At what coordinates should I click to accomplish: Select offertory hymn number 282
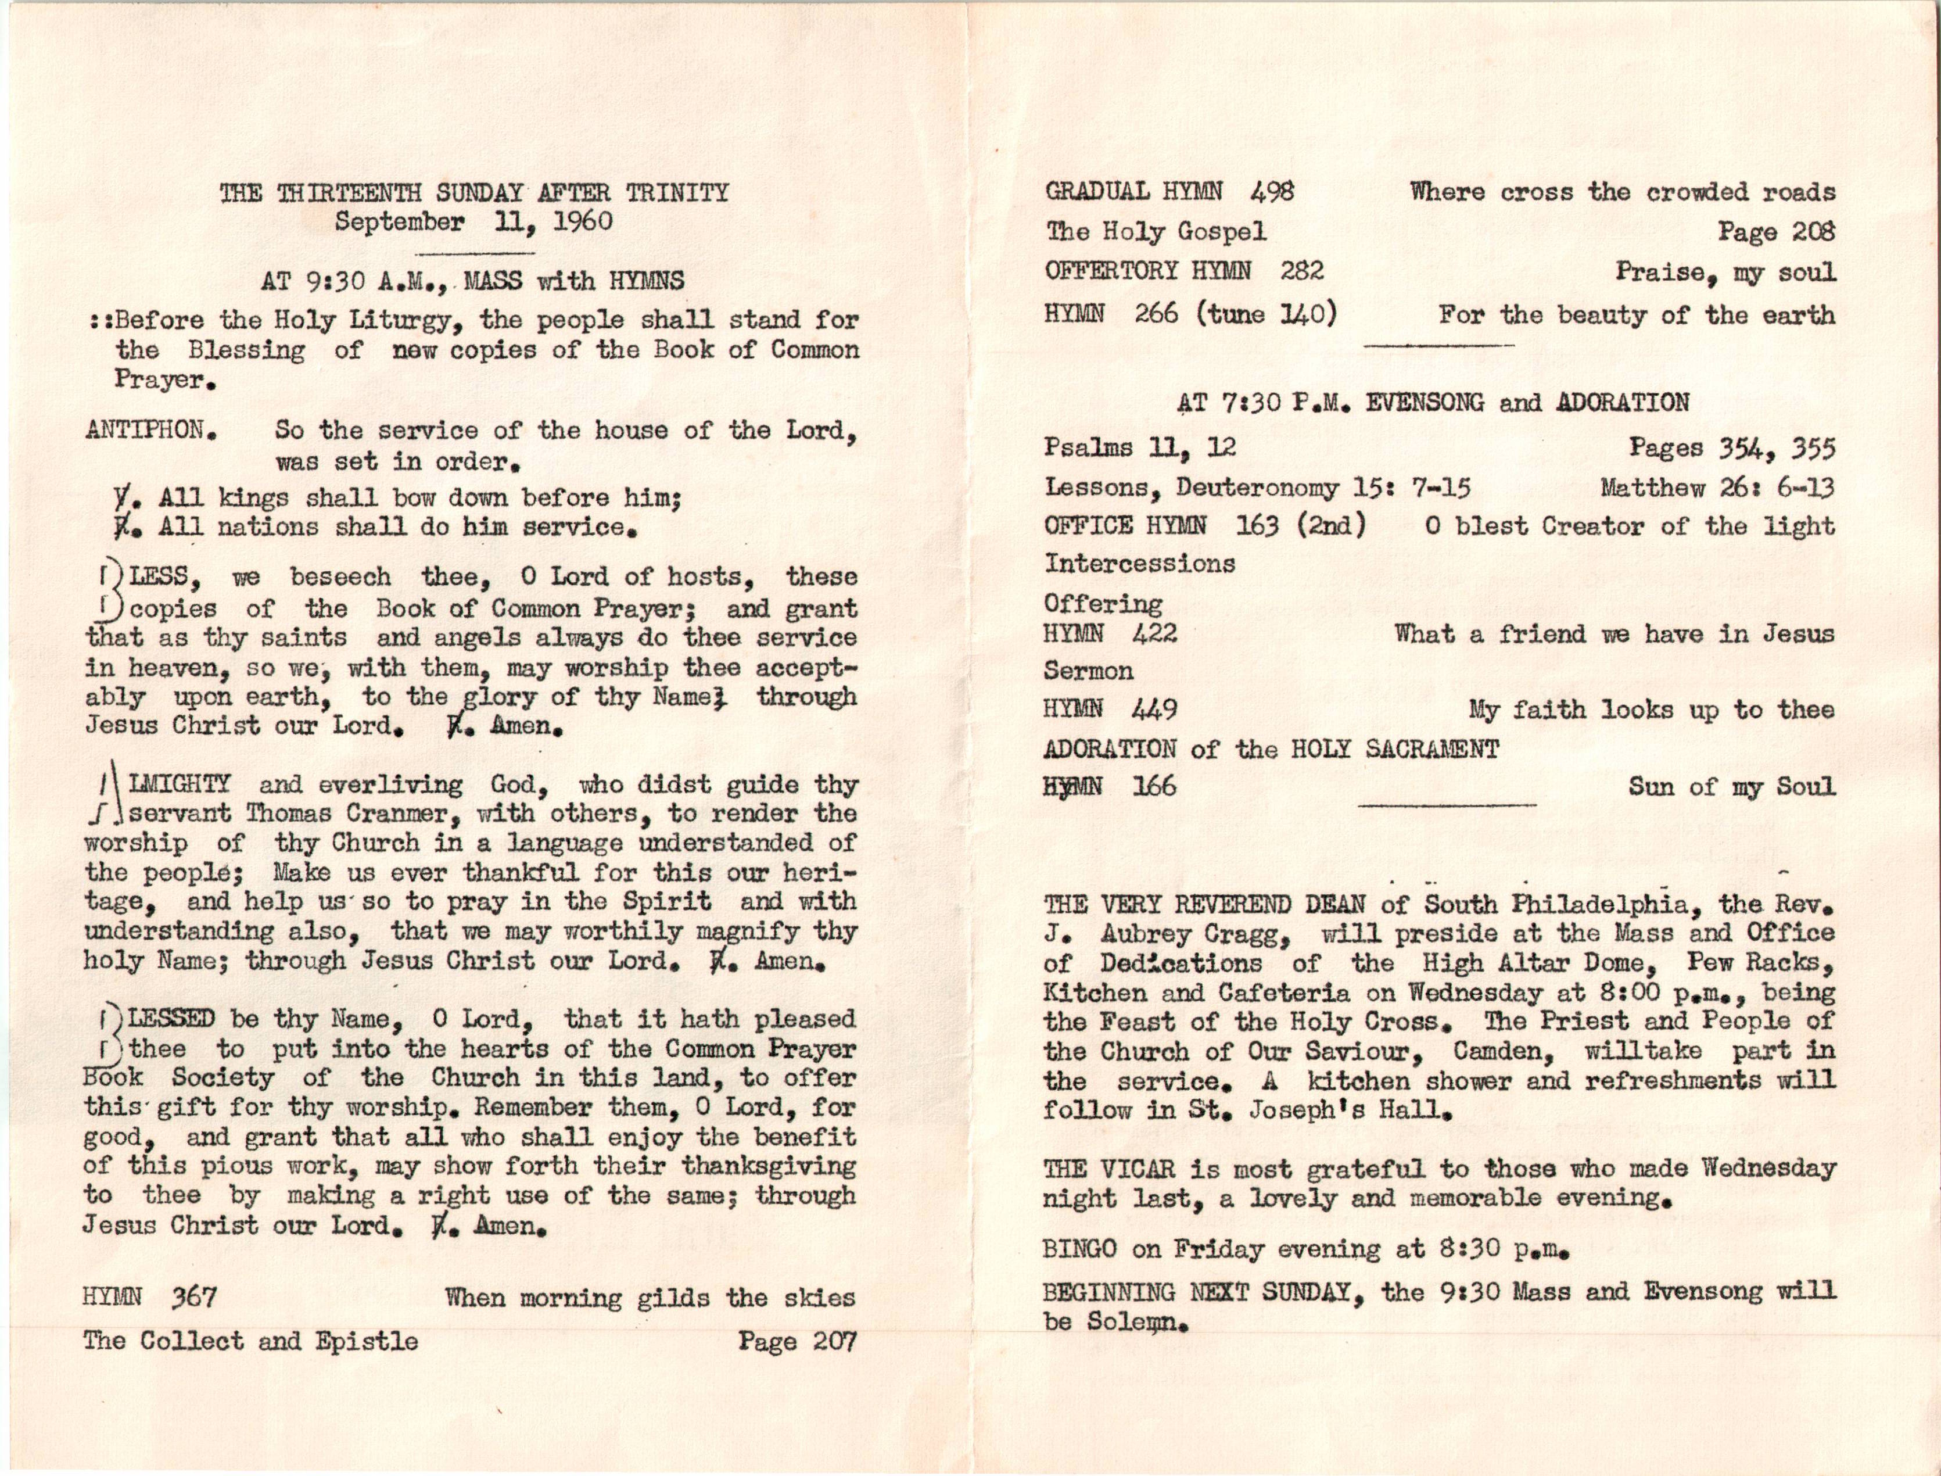(x=1301, y=271)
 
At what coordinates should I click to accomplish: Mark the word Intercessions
(x=1139, y=563)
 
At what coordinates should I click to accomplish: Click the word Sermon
(x=1088, y=671)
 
